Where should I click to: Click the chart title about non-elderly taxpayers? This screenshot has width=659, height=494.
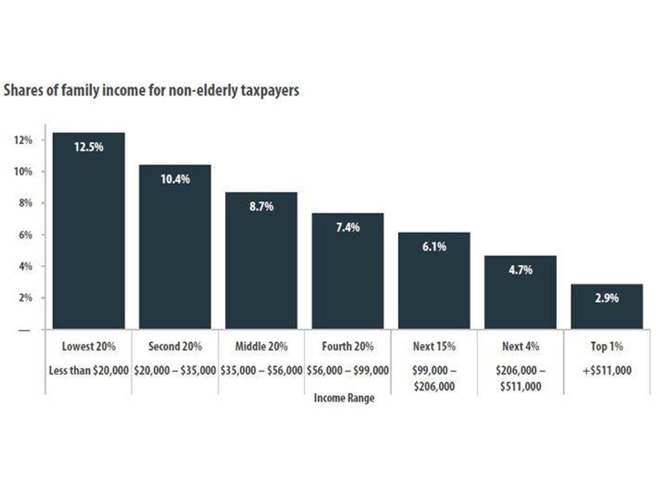click(x=151, y=91)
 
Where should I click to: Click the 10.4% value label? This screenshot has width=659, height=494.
click(x=175, y=179)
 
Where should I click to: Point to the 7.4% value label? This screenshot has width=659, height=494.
click(x=348, y=227)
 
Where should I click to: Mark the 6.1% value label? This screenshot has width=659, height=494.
click(x=434, y=247)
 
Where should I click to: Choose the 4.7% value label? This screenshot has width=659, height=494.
click(x=520, y=270)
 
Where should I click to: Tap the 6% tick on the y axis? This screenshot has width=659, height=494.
click(x=26, y=235)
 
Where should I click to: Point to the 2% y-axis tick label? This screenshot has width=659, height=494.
click(x=26, y=298)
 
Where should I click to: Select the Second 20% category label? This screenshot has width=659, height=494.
click(x=175, y=347)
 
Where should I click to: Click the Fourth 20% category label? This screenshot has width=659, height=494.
click(x=348, y=347)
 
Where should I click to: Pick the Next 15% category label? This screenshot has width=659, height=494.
click(x=434, y=347)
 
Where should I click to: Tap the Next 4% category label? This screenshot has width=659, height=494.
click(x=520, y=347)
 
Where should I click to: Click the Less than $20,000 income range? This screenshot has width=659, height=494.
click(x=89, y=370)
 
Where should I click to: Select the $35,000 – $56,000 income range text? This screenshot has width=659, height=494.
click(x=261, y=370)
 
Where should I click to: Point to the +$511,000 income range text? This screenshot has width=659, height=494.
click(x=607, y=370)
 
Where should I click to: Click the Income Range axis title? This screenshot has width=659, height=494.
click(x=344, y=398)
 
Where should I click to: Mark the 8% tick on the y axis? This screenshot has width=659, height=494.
click(x=26, y=203)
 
